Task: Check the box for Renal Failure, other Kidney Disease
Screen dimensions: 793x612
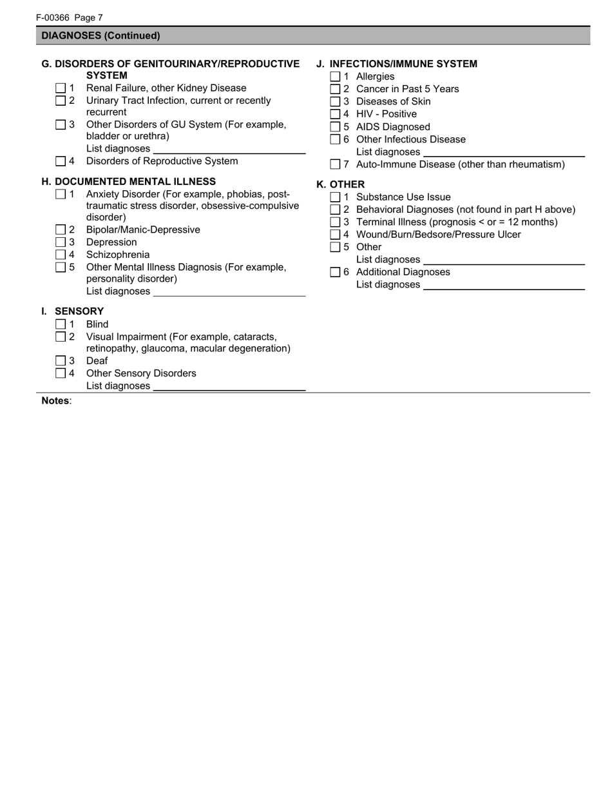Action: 61,88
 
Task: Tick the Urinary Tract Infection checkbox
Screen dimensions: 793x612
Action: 61,101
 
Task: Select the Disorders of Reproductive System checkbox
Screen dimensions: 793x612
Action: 61,161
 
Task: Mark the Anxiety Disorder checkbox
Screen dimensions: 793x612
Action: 61,194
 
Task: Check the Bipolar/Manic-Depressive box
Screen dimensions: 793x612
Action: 61,230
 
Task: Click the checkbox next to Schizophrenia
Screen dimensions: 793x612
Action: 61,255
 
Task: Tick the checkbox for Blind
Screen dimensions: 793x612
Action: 61,324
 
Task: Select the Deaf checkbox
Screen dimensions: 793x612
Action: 61,361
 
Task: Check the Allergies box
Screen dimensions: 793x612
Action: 335,77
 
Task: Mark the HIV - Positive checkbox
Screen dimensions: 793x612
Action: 335,114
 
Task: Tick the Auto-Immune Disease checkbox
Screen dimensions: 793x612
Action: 335,164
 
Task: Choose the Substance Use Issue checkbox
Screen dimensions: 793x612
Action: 335,197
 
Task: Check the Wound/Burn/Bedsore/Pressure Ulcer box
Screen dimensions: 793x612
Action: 335,235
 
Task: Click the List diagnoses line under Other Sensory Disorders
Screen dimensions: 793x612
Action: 229,386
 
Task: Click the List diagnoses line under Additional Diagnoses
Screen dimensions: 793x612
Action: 504,284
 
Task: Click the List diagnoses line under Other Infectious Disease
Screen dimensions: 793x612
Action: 504,152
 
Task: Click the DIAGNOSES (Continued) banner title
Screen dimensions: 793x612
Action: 101,35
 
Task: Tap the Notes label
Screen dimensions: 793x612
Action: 55,401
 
